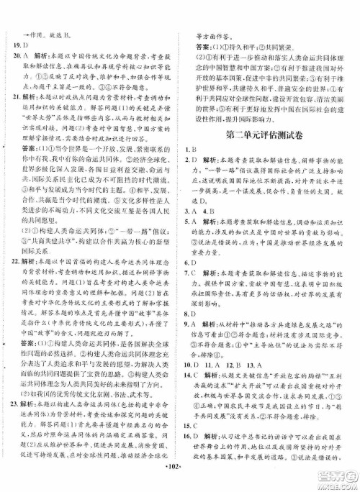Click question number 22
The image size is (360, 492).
[x=19, y=263]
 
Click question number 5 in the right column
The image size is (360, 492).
[x=197, y=223]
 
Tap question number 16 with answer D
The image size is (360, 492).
[x=198, y=452]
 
